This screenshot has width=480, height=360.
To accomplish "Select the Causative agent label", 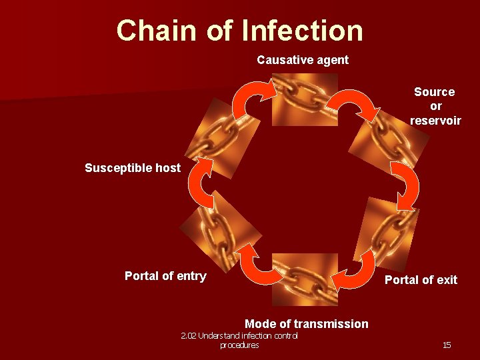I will (303, 60).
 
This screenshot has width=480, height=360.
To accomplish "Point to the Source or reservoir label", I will (435, 106).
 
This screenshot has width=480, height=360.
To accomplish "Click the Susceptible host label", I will (132, 168).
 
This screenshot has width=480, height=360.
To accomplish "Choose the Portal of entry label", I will (165, 276).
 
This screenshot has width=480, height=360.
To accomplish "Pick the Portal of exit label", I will (421, 280).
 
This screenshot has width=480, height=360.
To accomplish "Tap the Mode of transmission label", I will (306, 324).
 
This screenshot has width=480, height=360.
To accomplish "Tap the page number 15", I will (446, 345).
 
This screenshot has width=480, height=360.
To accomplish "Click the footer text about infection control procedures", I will (239, 340).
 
